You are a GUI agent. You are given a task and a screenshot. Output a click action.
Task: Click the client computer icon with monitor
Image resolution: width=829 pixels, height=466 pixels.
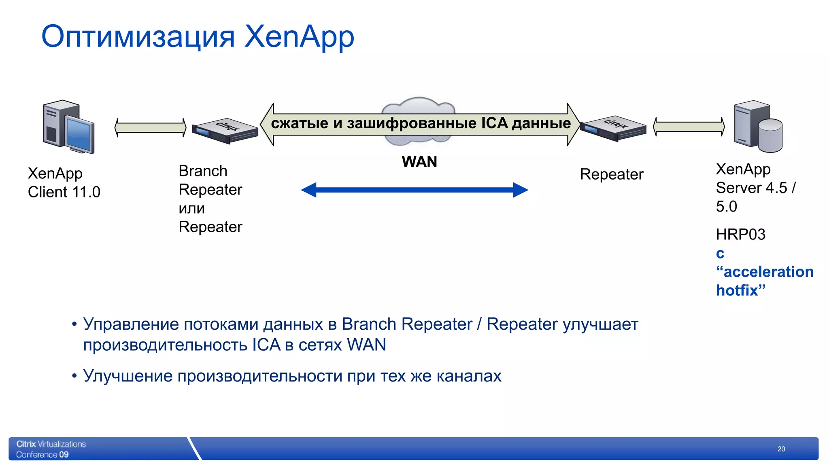tap(69, 127)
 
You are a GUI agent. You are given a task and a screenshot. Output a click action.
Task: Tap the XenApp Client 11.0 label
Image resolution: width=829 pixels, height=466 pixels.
tap(64, 182)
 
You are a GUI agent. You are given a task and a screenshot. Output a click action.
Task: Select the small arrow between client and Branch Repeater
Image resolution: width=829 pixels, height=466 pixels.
tap(151, 127)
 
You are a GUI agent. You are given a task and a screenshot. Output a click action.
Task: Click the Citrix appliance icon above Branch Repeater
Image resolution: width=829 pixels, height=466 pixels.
tap(225, 131)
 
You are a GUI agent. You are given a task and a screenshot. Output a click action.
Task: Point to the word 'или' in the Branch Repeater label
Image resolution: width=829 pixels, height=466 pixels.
tap(191, 208)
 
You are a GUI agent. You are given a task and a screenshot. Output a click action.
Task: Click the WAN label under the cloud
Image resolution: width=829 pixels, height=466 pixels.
tap(419, 162)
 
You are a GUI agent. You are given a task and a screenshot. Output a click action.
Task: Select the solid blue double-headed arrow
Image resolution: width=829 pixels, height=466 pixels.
tap(414, 190)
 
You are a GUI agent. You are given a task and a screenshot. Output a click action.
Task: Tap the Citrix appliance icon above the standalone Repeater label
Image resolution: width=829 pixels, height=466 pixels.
tap(613, 129)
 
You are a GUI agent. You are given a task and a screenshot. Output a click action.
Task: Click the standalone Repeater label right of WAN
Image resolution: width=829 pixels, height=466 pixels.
tap(611, 174)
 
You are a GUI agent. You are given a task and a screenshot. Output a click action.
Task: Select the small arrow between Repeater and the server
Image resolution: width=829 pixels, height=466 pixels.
tap(689, 127)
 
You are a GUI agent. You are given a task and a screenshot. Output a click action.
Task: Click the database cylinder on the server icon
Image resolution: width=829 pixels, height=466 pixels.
tap(770, 136)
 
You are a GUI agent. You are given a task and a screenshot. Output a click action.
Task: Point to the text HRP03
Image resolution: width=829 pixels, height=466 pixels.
tap(740, 235)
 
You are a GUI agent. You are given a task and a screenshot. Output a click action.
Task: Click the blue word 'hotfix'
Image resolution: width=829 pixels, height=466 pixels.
tap(736, 290)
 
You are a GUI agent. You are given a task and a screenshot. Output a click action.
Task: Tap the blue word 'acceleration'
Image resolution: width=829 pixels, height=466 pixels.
tap(768, 272)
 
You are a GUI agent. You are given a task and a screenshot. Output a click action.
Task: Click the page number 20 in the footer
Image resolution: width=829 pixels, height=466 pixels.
tap(781, 449)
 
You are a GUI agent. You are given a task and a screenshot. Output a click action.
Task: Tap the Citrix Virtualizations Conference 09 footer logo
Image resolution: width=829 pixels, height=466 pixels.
tap(51, 449)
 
